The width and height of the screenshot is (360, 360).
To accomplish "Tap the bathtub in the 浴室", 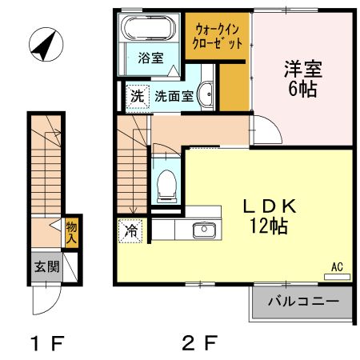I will point(148,31).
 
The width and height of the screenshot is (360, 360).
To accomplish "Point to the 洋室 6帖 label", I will point(302,78).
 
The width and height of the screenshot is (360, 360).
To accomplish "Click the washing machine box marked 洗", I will point(138,96).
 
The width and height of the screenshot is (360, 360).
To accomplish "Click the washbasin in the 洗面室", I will point(206,94).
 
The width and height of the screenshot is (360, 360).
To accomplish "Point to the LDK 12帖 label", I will point(268,215).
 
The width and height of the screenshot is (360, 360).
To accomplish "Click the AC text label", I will point(336,267).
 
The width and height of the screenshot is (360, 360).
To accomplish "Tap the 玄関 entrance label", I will point(46,267).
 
